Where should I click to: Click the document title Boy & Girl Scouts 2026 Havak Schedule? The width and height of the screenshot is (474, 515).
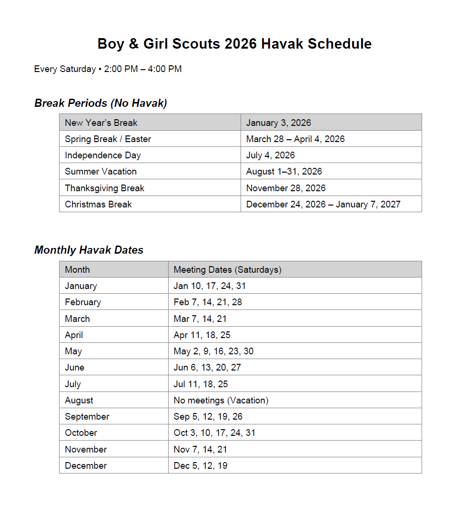point(234,44)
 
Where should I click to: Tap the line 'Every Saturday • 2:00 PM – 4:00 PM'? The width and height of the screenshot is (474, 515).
point(108,69)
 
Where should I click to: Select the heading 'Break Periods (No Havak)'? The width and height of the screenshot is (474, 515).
point(101,103)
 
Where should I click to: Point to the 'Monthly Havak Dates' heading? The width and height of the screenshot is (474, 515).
point(89,250)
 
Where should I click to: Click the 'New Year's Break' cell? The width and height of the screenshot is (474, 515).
point(101,123)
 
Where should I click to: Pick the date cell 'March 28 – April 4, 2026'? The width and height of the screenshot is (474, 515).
point(295,139)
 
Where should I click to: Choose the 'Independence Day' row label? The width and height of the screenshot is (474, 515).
point(103,155)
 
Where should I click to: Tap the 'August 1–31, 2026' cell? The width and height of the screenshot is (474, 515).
point(284,172)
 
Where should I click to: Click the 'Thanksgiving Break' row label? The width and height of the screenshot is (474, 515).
point(104,188)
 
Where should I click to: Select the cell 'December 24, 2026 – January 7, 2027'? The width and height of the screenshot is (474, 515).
point(323,204)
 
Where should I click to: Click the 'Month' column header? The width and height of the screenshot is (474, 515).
point(77,269)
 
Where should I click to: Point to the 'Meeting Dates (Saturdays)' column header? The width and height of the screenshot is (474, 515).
point(227,269)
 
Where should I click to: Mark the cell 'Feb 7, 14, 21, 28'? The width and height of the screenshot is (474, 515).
point(208,302)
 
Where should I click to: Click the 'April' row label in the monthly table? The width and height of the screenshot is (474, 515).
point(74,335)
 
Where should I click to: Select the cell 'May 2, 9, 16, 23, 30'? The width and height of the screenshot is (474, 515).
point(213,351)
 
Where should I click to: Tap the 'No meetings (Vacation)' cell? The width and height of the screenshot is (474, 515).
point(221,401)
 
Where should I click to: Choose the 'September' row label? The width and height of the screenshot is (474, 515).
point(87,417)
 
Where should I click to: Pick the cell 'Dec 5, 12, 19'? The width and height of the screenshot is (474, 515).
point(201,466)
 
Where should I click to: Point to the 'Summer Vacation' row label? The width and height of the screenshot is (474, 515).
point(101,172)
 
